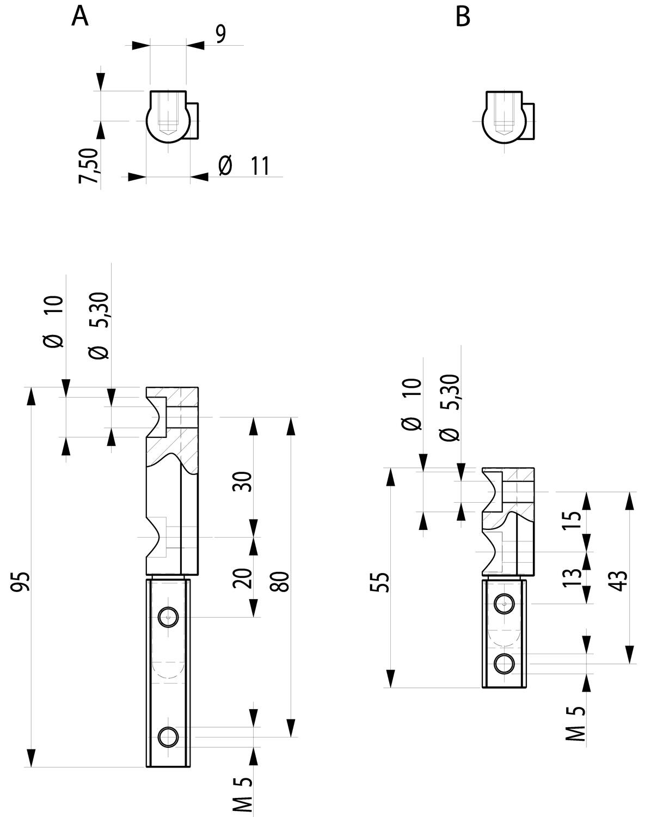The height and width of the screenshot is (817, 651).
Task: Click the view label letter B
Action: [463, 17]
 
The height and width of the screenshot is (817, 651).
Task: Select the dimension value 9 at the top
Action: [220, 34]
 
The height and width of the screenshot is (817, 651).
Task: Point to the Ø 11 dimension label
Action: [244, 166]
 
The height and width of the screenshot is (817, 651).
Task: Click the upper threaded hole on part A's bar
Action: [168, 617]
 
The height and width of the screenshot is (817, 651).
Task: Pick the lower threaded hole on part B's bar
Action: [505, 663]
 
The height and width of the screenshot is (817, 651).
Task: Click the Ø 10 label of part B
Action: [413, 404]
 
